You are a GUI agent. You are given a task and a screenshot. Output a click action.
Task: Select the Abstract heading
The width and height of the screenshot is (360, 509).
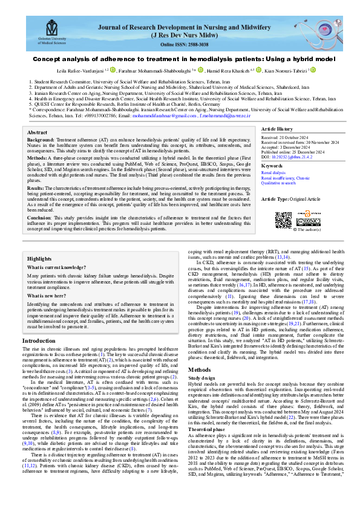point(38,132)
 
